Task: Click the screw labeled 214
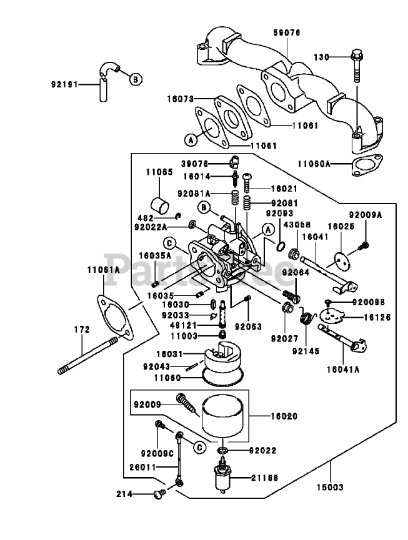point(158,494)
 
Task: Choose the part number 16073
point(181,99)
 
